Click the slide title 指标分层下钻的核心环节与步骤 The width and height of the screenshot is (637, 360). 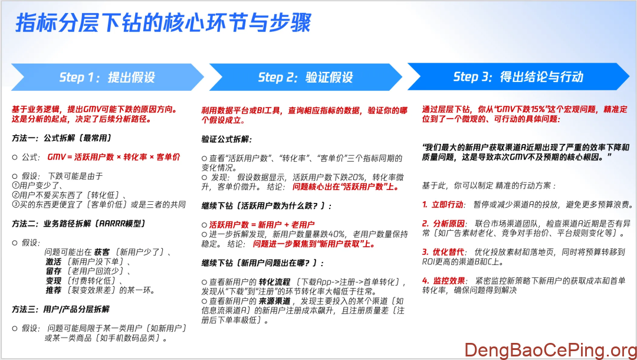163,24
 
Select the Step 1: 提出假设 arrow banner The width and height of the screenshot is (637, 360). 107,77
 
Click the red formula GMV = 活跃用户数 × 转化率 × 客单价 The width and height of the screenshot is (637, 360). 114,158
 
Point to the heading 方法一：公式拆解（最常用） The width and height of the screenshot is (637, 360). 62,138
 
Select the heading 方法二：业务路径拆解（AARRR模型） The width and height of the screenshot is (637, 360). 78,224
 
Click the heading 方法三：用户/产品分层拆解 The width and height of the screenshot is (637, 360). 60,309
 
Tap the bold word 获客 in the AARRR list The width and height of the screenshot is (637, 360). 102,252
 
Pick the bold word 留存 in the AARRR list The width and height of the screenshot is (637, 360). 54,271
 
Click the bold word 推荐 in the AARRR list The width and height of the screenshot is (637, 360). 54,290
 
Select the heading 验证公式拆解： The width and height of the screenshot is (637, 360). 226,139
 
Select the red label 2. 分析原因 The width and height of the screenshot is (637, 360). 442,224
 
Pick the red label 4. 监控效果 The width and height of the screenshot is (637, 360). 442,280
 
